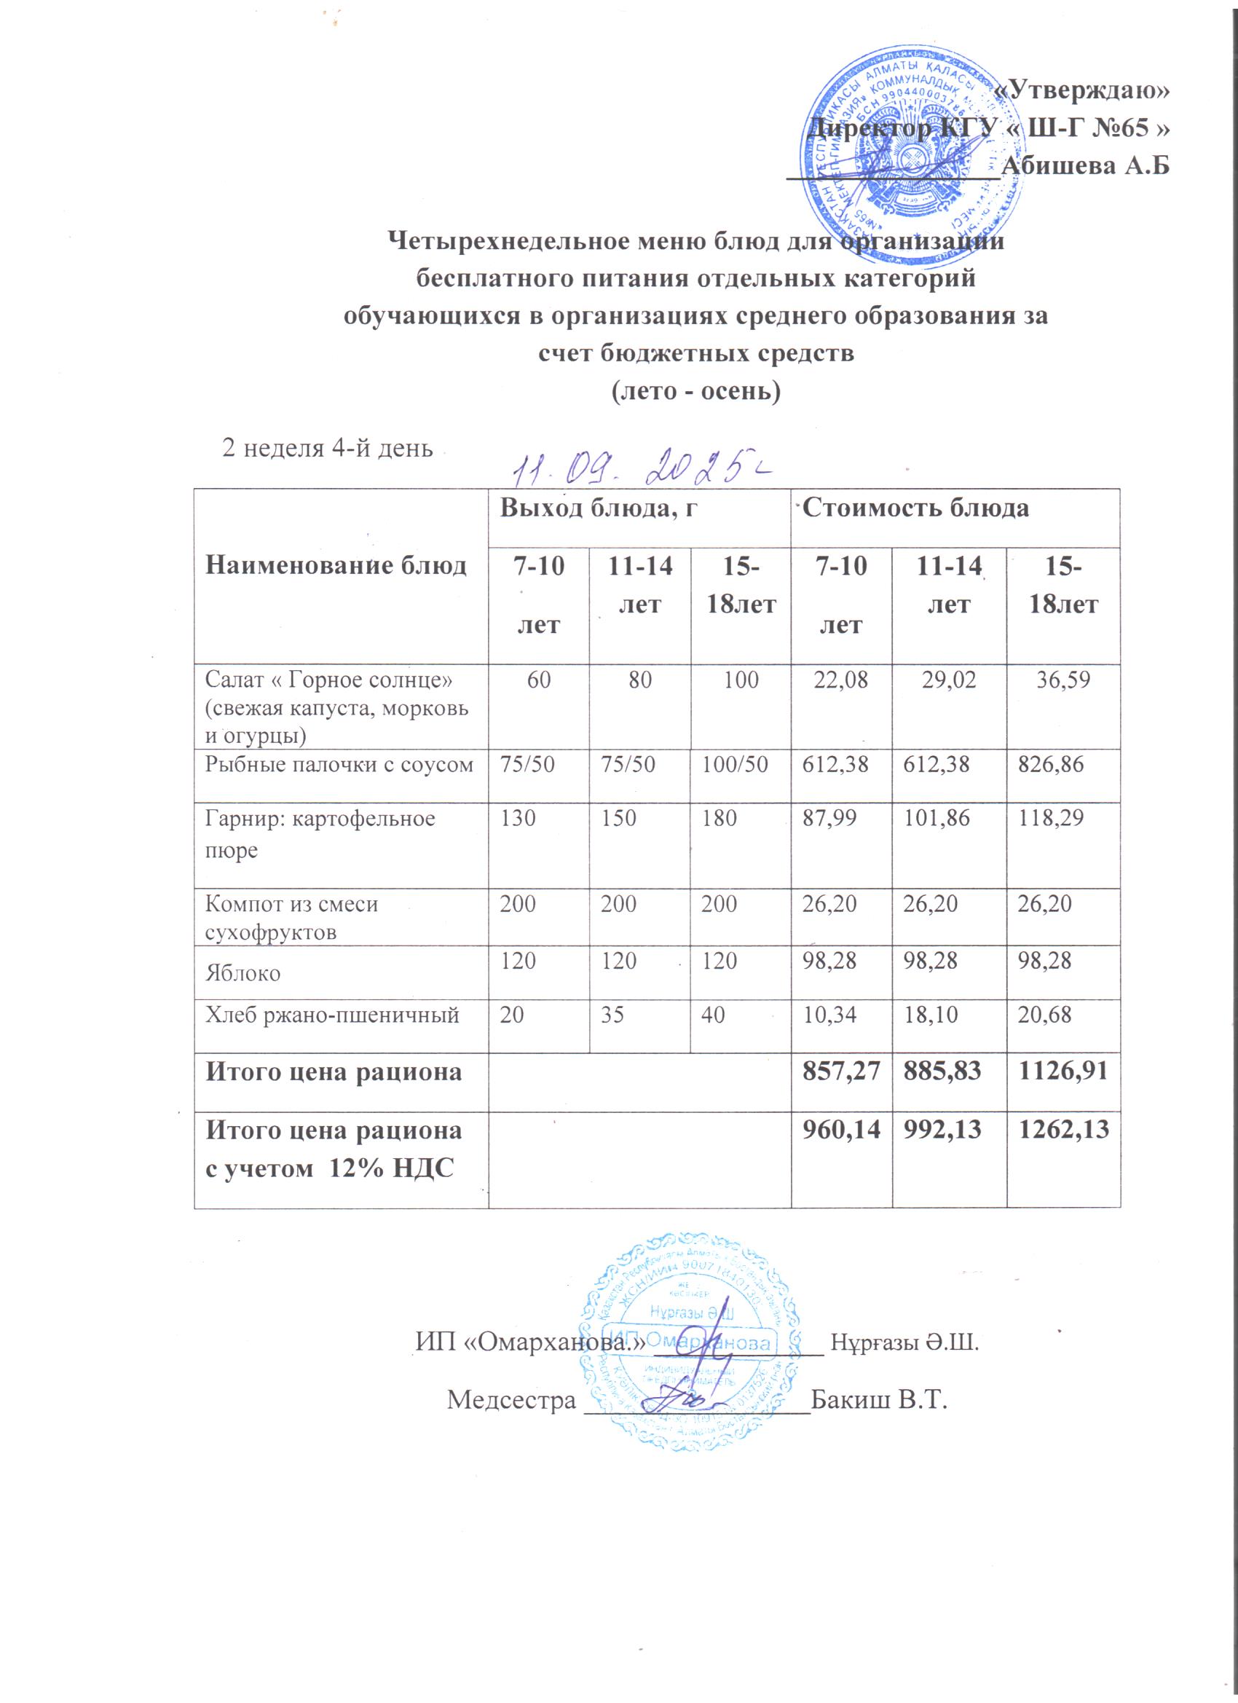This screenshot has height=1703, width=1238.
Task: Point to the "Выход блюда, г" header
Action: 596,509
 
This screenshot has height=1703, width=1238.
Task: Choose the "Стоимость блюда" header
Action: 915,509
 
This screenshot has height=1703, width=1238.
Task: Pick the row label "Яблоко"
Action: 244,975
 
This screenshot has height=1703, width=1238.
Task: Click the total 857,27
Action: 842,1072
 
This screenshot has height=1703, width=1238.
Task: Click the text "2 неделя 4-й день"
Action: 326,448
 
